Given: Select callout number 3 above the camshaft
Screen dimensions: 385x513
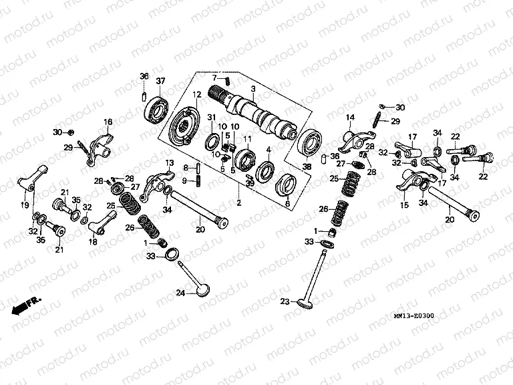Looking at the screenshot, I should click(x=253, y=89).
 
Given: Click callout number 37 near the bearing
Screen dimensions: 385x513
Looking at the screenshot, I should click(x=160, y=82).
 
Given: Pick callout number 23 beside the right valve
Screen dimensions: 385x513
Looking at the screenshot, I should click(x=285, y=302).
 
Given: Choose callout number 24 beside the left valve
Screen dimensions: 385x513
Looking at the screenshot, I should click(x=180, y=293).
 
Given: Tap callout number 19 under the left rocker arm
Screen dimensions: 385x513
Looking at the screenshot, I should click(x=25, y=206).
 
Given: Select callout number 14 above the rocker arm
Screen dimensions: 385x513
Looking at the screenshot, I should click(x=349, y=118).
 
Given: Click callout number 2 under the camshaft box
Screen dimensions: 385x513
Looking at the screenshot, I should click(x=239, y=201).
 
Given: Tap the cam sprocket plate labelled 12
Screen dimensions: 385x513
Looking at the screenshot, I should click(x=184, y=127).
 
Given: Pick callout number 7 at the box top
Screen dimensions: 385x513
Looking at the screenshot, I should click(x=215, y=78).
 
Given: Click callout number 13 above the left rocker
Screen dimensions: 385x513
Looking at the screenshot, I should click(x=170, y=163).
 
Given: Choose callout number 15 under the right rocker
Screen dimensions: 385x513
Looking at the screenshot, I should click(x=403, y=206).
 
